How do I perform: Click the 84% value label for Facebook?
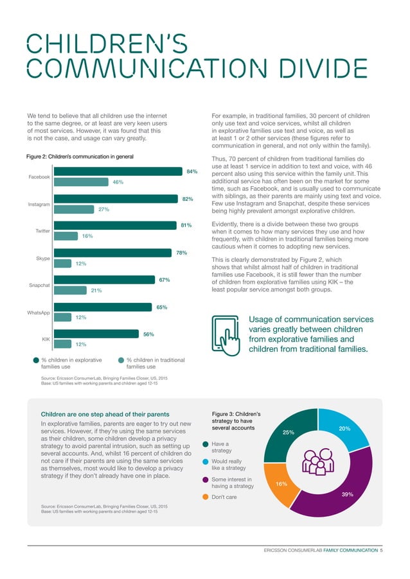(x=192, y=172)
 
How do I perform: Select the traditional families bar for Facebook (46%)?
(x=80, y=182)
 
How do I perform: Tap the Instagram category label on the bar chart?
(x=39, y=204)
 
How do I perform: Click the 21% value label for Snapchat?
(x=97, y=290)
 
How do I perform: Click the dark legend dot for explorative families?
(x=36, y=360)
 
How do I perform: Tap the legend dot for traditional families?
(x=121, y=360)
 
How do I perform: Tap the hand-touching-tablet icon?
(x=224, y=333)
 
